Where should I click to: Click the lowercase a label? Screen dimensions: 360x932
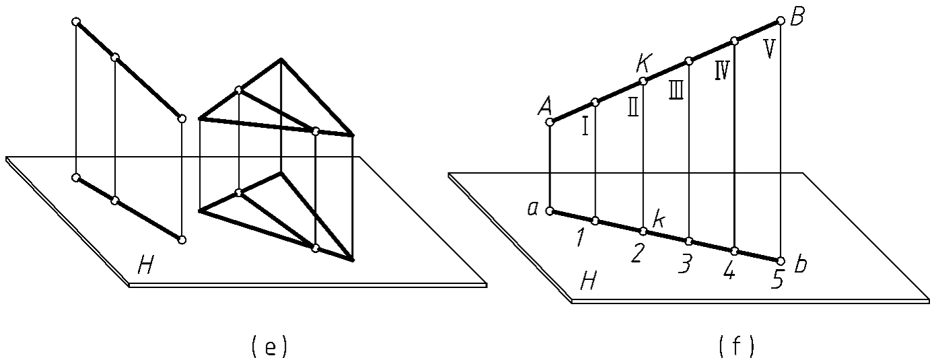tap(532, 209)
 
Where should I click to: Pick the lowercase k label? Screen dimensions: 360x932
tap(661, 219)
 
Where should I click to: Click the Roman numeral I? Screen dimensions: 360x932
tap(585, 126)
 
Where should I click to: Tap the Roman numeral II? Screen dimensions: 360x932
tap(633, 107)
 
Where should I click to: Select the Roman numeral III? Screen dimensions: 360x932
tap(676, 89)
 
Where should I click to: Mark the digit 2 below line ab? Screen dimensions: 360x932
tap(637, 254)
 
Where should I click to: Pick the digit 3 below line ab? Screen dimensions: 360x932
tap(684, 265)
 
